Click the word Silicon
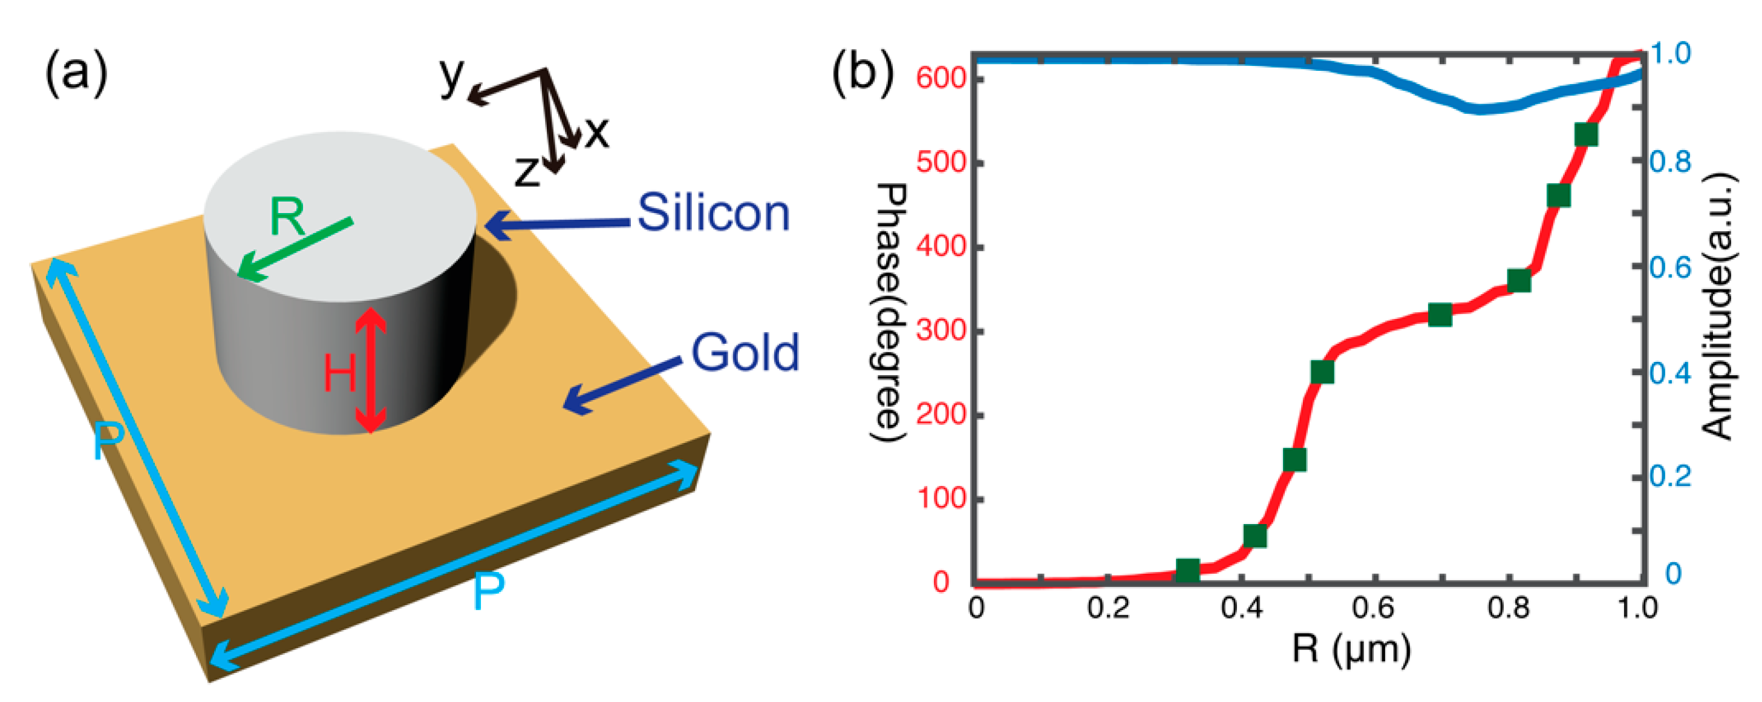coord(713,213)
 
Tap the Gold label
coord(745,353)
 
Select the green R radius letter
coord(287,217)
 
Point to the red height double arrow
coord(371,370)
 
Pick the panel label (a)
coord(76,73)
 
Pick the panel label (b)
coord(863,73)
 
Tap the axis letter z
coord(527,171)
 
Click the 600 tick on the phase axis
coord(941,79)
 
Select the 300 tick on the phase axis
coord(941,331)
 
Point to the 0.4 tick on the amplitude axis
coord(1670,373)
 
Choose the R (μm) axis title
coord(1351,649)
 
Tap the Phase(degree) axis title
coord(890,313)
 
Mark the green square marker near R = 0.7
coord(1440,315)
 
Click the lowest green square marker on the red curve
coord(1187,569)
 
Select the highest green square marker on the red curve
coord(1586,135)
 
